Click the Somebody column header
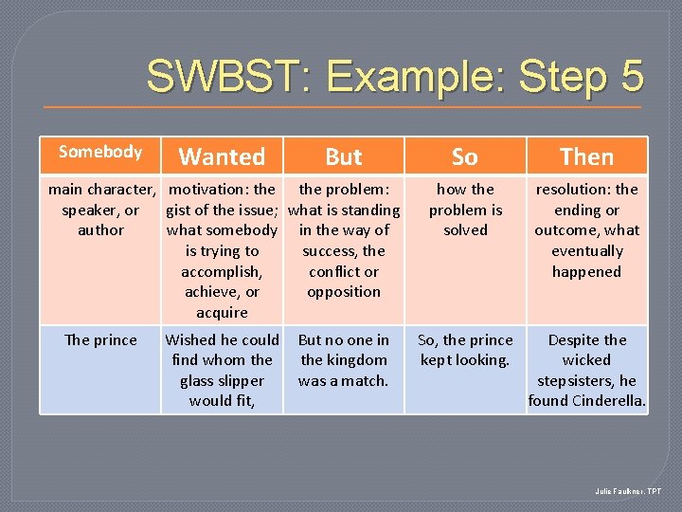(x=100, y=152)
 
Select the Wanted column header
(x=222, y=156)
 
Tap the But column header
(x=344, y=156)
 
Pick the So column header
(x=465, y=156)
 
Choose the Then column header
(x=586, y=156)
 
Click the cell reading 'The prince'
(x=100, y=340)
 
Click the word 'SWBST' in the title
(x=215, y=75)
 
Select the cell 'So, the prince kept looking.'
(x=465, y=350)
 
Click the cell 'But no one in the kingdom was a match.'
(x=344, y=360)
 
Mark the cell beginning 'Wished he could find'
(x=222, y=370)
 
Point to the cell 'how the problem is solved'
(x=465, y=210)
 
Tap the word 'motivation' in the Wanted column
(x=209, y=190)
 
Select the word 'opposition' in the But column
(x=344, y=292)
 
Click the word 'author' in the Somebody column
(x=100, y=230)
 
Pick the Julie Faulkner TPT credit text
(x=628, y=491)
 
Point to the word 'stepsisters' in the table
(x=577, y=381)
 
